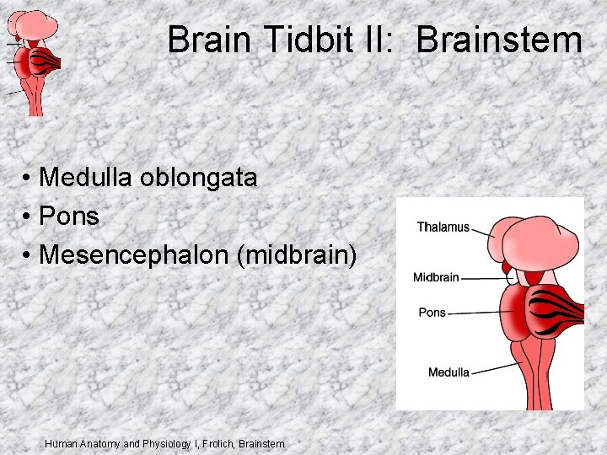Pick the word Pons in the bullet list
click(x=69, y=217)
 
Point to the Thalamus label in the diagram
click(x=443, y=227)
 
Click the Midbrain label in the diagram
click(x=436, y=277)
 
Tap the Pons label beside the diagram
click(x=432, y=313)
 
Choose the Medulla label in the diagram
click(x=449, y=372)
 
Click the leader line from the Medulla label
click(x=497, y=367)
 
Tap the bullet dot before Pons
click(x=28, y=217)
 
